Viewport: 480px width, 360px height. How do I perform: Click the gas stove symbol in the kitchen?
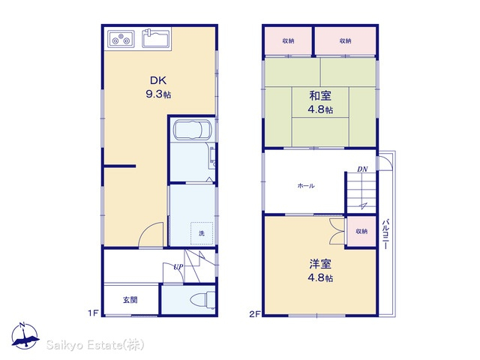coord(121,39)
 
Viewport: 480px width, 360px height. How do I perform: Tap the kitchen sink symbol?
coord(156,38)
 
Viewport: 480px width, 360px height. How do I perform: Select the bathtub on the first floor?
coord(192,130)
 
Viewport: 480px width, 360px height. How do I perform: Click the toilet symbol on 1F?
coord(202,299)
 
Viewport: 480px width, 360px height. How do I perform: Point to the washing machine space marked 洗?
coord(202,233)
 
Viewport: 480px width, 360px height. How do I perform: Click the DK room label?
coord(158,80)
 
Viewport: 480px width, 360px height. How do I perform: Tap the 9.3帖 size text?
coord(158,94)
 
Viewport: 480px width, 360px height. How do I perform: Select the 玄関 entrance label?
coord(130,300)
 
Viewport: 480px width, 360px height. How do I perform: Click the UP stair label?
coord(178,267)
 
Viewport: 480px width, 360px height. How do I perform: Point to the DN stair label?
coord(362,169)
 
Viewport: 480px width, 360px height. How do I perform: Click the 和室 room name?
coord(320,96)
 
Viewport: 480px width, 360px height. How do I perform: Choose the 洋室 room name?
coord(320,264)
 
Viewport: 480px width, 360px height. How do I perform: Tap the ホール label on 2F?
coord(306,185)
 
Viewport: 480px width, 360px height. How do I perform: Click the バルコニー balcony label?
coord(386,234)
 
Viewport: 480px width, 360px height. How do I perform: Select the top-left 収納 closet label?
coord(288,40)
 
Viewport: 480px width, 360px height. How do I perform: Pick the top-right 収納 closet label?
coord(345,40)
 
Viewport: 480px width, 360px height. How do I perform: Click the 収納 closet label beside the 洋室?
coord(361,232)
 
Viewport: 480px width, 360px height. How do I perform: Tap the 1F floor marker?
coord(93,313)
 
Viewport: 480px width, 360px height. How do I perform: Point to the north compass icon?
coord(25,335)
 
